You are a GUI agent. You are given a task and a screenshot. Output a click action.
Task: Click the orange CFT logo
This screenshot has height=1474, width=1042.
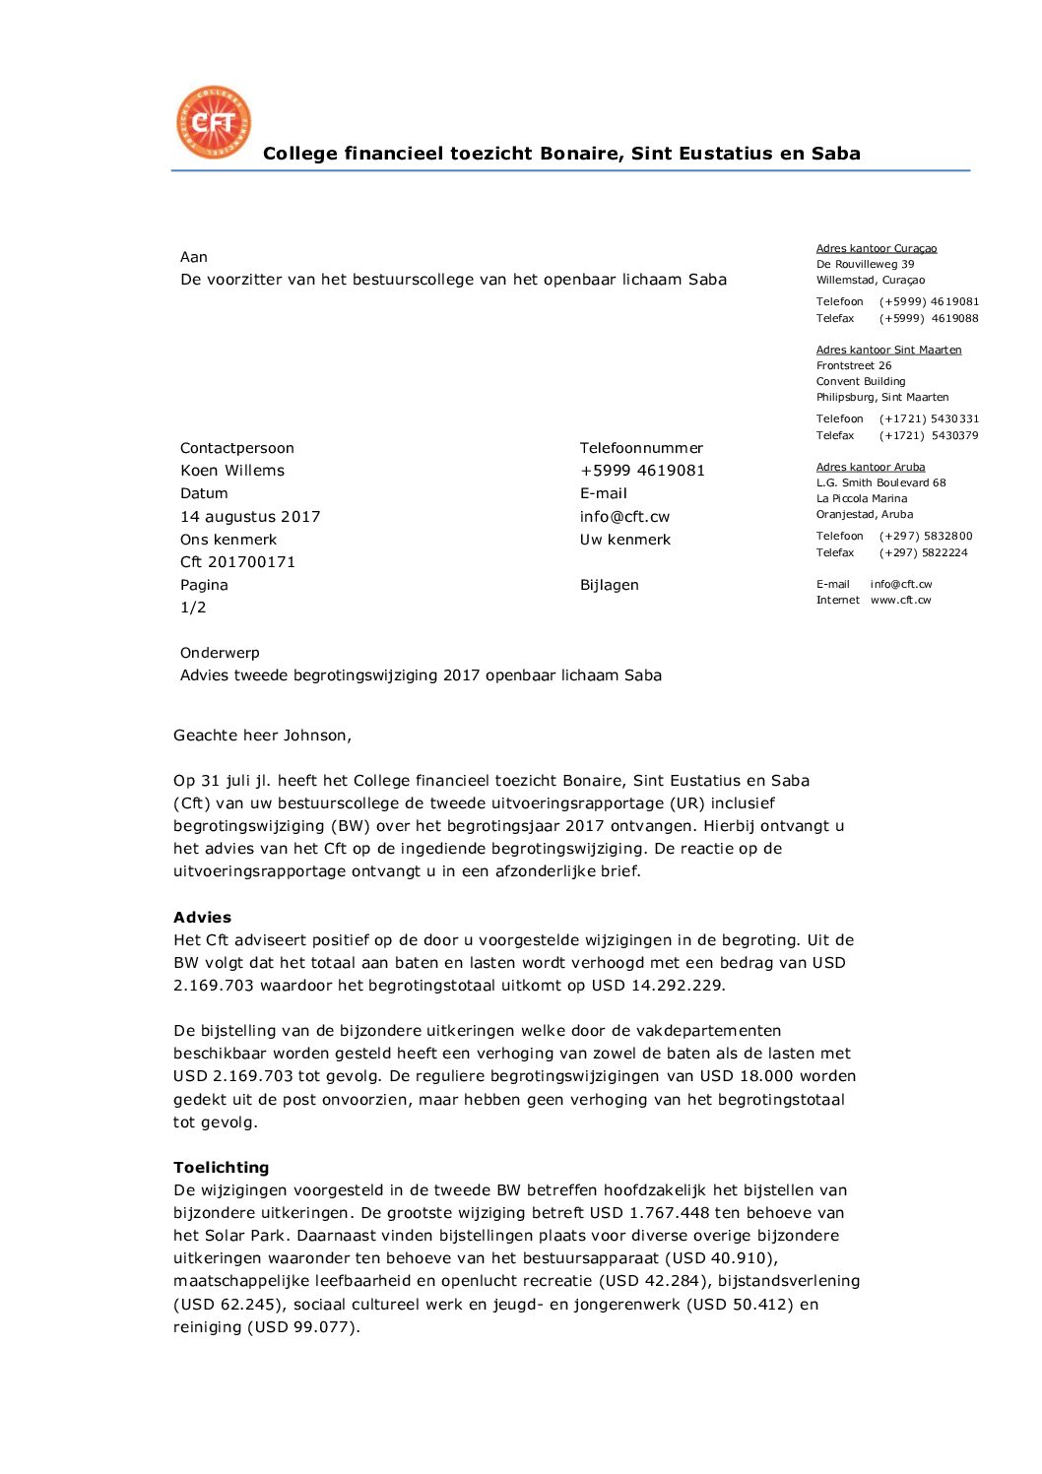click(x=214, y=122)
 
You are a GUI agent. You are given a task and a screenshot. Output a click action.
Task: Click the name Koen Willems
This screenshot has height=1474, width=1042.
click(x=232, y=471)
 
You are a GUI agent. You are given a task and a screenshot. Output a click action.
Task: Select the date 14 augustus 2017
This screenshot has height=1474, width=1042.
click(x=250, y=517)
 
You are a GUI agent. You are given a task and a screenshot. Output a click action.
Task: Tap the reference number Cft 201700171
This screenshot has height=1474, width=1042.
click(x=237, y=562)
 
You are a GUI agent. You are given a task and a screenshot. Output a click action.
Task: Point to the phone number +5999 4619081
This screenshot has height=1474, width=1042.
click(x=642, y=471)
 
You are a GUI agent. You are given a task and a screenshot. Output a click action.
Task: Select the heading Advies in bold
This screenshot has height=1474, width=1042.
click(x=202, y=918)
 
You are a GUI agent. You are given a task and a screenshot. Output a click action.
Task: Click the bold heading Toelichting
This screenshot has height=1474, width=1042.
click(x=221, y=1168)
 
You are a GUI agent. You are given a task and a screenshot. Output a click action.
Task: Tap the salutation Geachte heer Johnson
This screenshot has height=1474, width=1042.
click(x=262, y=736)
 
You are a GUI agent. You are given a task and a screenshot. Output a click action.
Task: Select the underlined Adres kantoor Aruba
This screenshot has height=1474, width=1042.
click(x=871, y=467)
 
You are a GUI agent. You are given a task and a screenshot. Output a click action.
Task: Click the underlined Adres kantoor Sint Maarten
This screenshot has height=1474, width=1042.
click(x=888, y=350)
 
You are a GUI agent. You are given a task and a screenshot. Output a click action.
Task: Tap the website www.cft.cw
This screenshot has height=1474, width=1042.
click(x=900, y=600)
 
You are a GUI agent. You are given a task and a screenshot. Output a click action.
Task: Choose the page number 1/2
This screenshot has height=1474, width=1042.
click(x=193, y=608)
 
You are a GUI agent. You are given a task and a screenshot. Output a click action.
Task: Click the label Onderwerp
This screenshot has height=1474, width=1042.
click(x=220, y=653)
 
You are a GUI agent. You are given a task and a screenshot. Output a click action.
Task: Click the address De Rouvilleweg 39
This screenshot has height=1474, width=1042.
click(x=865, y=264)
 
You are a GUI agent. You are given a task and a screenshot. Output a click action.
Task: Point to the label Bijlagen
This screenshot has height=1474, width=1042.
click(x=609, y=585)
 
